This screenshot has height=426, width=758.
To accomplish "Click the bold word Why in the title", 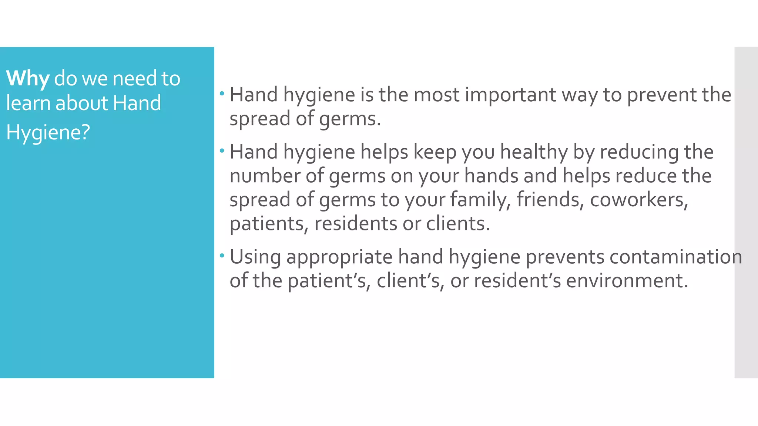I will tap(27, 78).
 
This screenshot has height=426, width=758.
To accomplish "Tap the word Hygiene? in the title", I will tap(48, 132).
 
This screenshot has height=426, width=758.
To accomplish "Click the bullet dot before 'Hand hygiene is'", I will tap(222, 93).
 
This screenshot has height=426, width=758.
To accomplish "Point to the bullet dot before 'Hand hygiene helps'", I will tap(222, 151).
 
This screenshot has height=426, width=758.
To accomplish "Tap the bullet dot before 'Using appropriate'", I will tap(222, 256).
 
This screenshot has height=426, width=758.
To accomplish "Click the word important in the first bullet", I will tap(510, 95).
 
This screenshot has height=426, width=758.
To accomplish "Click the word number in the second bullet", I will tap(265, 176).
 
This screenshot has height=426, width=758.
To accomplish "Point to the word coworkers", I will tap(639, 200).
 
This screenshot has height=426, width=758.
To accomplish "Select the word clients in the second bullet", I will tap(458, 224).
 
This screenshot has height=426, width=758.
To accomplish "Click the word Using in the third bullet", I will tap(255, 257).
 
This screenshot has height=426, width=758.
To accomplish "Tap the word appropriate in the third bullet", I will tap(339, 257).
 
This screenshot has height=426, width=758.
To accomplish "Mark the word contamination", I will tap(675, 257).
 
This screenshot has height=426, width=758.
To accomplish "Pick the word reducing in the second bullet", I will tap(639, 152).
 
